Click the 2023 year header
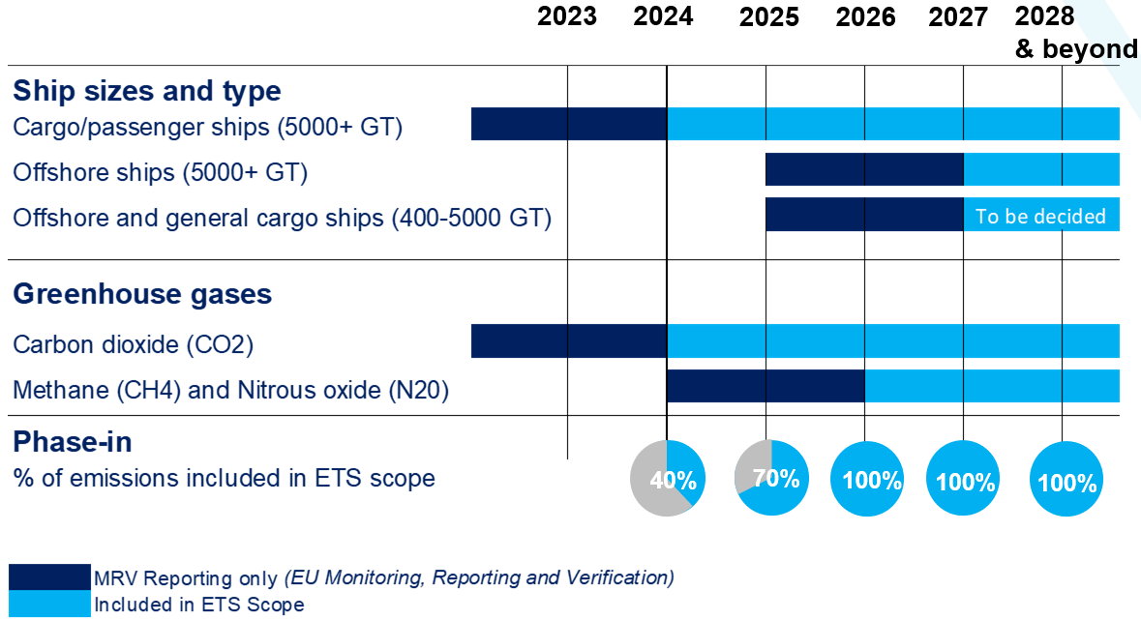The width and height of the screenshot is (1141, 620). pos(567,16)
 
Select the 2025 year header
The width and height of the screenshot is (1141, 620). pos(768,17)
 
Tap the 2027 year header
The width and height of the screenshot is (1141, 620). pos(957,17)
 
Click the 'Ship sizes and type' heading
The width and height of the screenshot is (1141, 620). pos(147,91)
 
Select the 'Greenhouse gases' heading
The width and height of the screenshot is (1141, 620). pos(142,294)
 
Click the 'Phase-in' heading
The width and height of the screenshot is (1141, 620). pos(73,442)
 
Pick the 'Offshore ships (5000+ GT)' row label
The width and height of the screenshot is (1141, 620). pos(160,172)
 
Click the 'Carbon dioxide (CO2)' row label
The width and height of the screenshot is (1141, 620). pos(134,344)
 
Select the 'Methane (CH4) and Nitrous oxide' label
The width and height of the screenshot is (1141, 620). pos(231,391)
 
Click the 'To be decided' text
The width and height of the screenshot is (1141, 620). pos(1040,216)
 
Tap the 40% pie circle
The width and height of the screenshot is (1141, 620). pos(668,478)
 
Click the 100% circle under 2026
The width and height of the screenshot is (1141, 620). pos(868,479)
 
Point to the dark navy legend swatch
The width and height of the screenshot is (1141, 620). pos(49,577)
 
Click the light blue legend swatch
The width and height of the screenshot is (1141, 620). pos(49,605)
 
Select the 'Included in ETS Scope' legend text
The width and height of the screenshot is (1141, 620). pos(198,605)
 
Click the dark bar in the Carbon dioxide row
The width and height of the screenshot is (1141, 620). pos(569,341)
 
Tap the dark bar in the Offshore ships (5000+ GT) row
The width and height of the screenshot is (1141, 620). pos(864,169)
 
